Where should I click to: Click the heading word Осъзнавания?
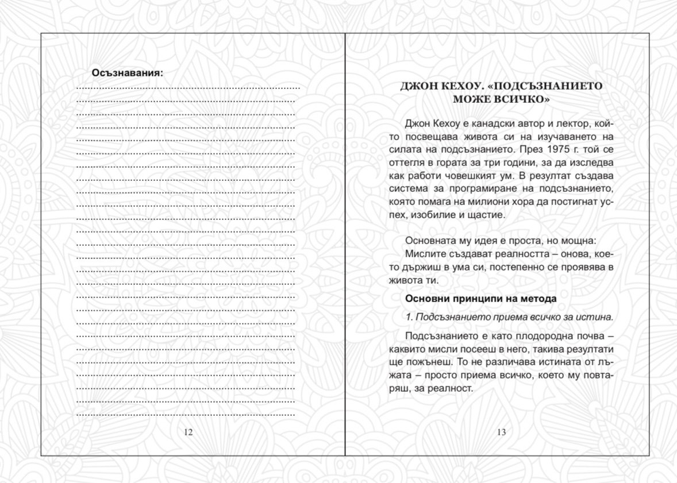tap(126, 73)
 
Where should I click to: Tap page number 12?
tap(189, 432)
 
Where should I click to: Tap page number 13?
tap(501, 432)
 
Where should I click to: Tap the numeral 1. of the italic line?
tap(409, 317)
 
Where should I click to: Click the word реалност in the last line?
tap(453, 388)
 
